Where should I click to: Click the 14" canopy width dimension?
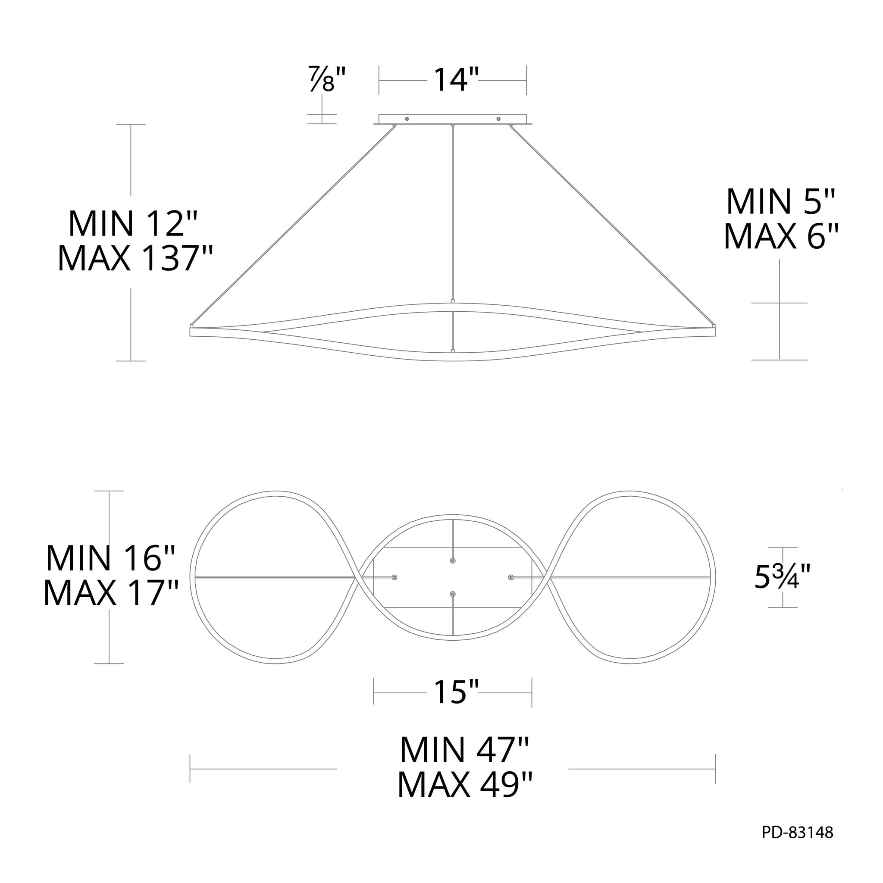[456, 80]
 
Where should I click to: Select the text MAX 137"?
[135, 259]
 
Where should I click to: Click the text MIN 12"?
[132, 223]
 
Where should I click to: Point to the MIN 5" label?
[781, 201]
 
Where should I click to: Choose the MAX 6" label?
[782, 236]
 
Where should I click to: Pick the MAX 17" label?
[111, 593]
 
